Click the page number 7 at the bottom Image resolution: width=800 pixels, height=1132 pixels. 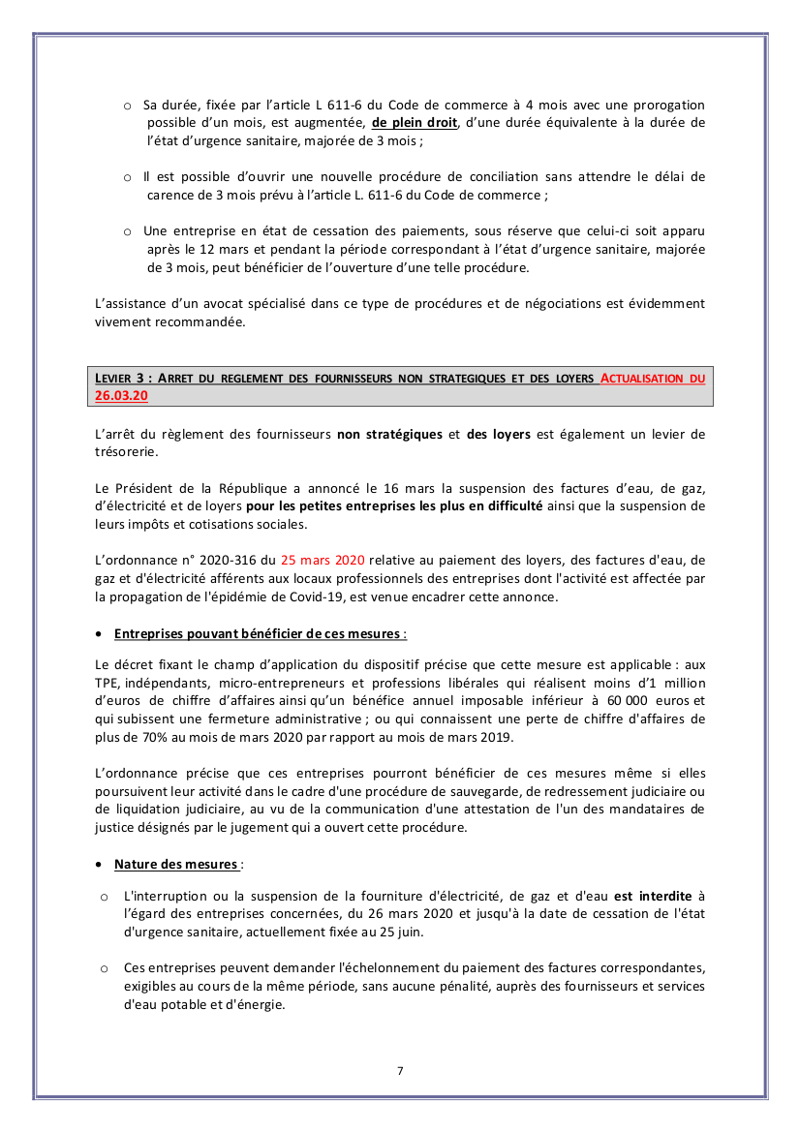[x=400, y=1070]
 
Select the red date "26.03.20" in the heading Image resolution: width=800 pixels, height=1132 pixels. [x=121, y=396]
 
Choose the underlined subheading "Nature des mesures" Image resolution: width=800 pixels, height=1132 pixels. [x=175, y=864]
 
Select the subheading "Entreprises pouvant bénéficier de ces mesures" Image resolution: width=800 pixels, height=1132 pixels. [x=257, y=633]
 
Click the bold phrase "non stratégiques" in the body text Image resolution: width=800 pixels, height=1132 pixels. [x=389, y=434]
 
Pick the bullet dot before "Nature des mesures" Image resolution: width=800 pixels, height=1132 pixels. [x=101, y=864]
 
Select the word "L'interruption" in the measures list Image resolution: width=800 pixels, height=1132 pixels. [x=163, y=897]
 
